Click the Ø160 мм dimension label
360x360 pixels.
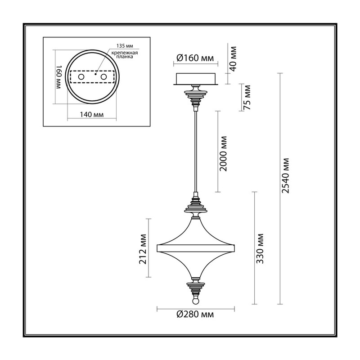[x=195, y=58]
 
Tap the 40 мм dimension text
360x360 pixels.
[x=233, y=59]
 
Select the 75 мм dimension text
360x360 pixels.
[x=247, y=97]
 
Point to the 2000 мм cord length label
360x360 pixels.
[x=223, y=153]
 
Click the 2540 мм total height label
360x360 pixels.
[x=285, y=175]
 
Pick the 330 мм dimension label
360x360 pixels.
[x=260, y=249]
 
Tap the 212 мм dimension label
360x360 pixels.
[x=143, y=249]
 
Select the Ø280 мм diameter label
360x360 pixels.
[x=195, y=314]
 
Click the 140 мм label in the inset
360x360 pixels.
[x=92, y=114]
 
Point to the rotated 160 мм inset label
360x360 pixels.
[x=59, y=77]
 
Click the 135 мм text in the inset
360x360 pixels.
[x=125, y=46]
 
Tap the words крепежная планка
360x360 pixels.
[x=125, y=54]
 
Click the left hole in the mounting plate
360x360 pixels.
[x=81, y=76]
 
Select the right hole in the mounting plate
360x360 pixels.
[x=104, y=76]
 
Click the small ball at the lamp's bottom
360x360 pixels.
[x=195, y=301]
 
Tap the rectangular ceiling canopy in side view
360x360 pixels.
[x=196, y=79]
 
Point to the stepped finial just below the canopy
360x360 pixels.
[x=196, y=96]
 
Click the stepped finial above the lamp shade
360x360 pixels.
[x=196, y=206]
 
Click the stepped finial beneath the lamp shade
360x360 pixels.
[x=196, y=287]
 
